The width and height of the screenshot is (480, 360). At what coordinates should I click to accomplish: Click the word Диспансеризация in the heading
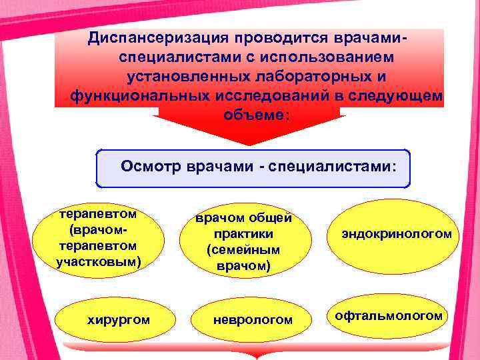click(147, 38)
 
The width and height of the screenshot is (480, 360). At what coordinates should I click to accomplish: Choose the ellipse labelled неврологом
click(252, 320)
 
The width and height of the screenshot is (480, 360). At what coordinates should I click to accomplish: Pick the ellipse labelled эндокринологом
click(397, 235)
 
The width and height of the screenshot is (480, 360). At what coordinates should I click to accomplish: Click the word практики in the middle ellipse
click(243, 235)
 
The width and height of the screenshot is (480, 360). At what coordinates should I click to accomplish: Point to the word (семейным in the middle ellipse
click(243, 251)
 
